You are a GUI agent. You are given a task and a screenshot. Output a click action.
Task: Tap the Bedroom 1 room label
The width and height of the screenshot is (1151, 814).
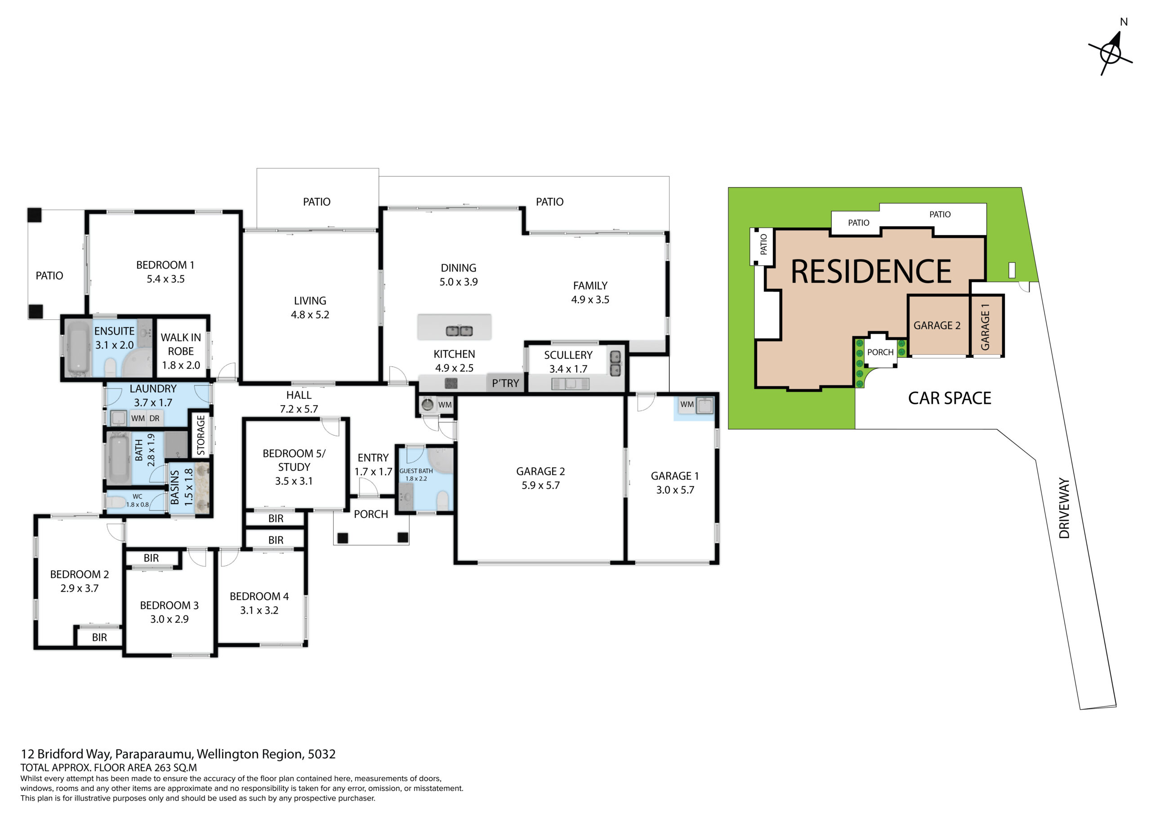coord(165,265)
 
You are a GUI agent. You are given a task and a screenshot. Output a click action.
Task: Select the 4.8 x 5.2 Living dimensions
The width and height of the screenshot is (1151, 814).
coord(310,314)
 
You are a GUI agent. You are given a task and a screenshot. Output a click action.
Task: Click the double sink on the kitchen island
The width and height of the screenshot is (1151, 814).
coord(459,331)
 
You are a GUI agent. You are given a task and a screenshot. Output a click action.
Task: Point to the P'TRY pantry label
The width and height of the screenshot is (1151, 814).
coord(505,383)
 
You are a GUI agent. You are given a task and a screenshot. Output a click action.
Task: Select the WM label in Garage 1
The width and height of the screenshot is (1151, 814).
coord(687,404)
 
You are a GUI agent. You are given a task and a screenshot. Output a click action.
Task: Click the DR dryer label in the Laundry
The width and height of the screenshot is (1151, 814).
coord(154,418)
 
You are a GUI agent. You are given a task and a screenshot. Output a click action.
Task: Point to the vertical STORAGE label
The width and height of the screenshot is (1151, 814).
coord(201,435)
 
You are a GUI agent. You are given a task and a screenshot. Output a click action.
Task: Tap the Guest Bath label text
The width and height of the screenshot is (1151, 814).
coord(416,471)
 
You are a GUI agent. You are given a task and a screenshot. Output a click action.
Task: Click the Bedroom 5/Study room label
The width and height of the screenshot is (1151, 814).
coord(294,460)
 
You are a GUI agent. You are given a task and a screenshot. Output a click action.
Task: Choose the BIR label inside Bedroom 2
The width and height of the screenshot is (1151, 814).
coord(99,637)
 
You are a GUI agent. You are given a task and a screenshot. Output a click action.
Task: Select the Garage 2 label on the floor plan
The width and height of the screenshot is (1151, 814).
coord(540,471)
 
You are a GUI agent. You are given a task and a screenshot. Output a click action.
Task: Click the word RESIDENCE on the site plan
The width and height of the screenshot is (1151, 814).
coord(871,271)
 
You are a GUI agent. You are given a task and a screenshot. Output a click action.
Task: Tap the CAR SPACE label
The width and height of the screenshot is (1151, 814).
coord(950,398)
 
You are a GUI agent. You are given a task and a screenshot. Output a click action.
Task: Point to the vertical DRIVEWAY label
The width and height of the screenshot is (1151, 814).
coord(1064,508)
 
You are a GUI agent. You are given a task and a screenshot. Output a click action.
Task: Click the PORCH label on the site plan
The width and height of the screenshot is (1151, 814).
coord(880,352)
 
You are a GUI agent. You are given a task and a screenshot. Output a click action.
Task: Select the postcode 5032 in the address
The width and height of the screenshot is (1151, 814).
coord(321,754)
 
